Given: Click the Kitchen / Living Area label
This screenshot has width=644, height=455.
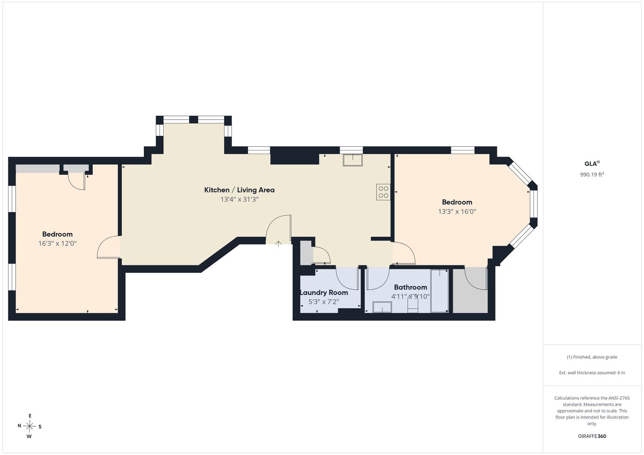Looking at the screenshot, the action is click(239, 190).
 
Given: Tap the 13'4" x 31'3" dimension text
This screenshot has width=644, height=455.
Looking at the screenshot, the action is click(239, 199).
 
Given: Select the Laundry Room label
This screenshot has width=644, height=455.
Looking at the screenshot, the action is click(324, 293).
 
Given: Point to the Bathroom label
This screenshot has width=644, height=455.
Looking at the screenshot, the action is click(410, 287).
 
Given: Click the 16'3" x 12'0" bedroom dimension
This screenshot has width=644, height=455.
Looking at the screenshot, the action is click(57, 244).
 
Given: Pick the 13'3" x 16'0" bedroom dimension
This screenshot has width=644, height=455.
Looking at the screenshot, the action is click(457, 211).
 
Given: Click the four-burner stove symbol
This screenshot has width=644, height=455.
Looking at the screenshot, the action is click(383, 192).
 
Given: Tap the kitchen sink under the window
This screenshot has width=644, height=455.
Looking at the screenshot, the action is click(353, 160).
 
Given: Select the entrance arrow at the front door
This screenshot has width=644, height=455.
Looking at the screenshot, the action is click(278, 244).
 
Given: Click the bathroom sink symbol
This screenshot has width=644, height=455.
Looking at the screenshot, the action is click(382, 307).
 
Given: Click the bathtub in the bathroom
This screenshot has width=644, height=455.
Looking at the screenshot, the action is click(439, 291).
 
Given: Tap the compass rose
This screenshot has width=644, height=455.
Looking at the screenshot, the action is click(30, 426).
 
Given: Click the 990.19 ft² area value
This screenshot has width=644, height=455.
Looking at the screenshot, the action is click(592, 174).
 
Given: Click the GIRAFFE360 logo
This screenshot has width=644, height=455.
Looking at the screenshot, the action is click(592, 436).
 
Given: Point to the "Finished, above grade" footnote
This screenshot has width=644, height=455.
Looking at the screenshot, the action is click(592, 357).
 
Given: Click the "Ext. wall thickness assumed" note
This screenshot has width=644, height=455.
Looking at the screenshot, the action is click(592, 372).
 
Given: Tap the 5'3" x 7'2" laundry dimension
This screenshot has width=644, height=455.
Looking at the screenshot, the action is click(324, 302).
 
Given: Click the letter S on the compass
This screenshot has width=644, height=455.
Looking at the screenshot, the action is click(40, 426).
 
